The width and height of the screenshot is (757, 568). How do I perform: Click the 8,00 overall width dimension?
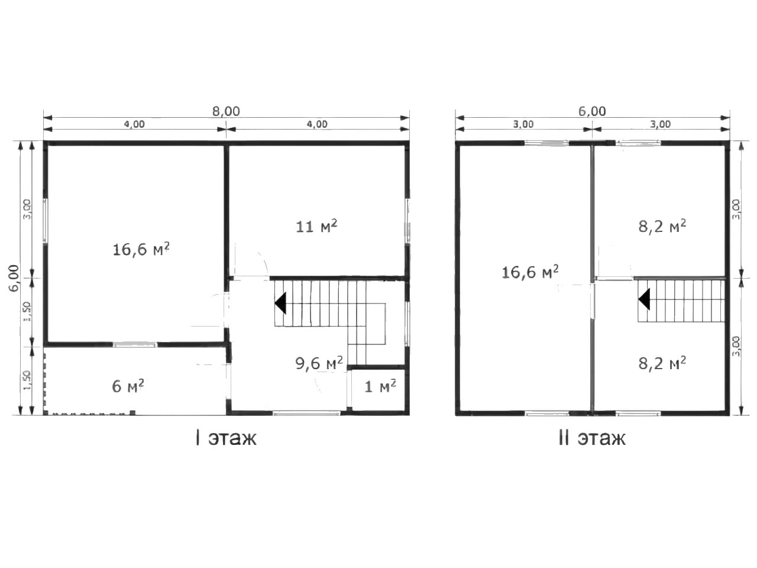point(226,111)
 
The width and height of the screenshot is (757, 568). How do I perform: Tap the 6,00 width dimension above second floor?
point(592,111)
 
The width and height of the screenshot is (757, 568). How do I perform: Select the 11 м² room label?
point(316,226)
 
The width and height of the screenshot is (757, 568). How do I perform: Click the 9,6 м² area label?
point(319,363)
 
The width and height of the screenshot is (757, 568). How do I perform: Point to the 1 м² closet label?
point(380,386)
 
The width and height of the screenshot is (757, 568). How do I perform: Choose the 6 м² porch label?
point(128,386)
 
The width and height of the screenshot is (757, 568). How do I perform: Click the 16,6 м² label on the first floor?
point(141,249)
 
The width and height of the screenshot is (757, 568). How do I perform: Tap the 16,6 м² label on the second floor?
point(530,272)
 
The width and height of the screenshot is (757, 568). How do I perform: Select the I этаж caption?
point(226,438)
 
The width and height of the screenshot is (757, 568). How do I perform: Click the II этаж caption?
point(592,438)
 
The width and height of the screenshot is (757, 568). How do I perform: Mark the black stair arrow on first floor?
point(280,303)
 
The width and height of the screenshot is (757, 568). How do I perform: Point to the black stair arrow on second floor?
point(644,299)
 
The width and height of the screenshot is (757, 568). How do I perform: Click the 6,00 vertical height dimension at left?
point(14,278)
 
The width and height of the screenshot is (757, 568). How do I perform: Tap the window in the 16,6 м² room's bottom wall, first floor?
point(135,344)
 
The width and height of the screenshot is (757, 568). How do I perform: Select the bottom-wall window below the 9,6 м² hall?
point(306,412)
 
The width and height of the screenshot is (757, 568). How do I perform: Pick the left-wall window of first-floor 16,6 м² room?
point(46,221)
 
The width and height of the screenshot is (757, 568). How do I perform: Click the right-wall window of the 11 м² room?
point(407,221)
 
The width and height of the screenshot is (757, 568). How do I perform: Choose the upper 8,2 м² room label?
point(662,226)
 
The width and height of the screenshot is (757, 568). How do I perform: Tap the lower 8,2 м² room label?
point(662,363)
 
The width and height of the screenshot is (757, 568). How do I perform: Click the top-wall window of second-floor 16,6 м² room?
point(546,143)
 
